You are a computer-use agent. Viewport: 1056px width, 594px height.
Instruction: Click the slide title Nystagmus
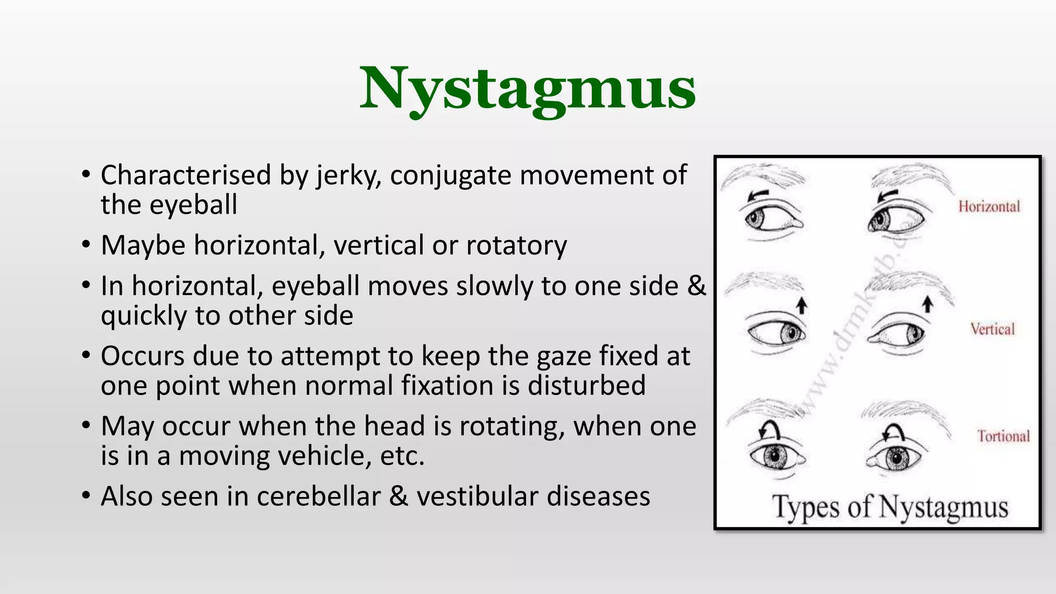coord(527,89)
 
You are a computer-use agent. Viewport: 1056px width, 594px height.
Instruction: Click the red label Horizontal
coord(989,207)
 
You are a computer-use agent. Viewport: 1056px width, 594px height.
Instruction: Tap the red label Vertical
coord(992,329)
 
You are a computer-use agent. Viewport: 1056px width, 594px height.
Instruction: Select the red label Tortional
coord(1003,436)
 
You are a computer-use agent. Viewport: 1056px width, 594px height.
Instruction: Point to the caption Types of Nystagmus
coord(889,507)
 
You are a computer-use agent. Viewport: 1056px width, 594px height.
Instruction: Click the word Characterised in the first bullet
coord(186,175)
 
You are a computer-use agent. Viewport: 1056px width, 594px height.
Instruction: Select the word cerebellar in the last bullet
coord(319,497)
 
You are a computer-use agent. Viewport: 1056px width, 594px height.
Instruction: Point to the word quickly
coord(143,316)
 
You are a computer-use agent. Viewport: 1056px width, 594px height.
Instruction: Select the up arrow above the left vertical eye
coord(801,305)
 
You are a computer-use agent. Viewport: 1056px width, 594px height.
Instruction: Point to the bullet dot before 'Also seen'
coord(86,496)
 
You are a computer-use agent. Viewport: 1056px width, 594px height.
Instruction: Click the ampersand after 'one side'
coord(697,286)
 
